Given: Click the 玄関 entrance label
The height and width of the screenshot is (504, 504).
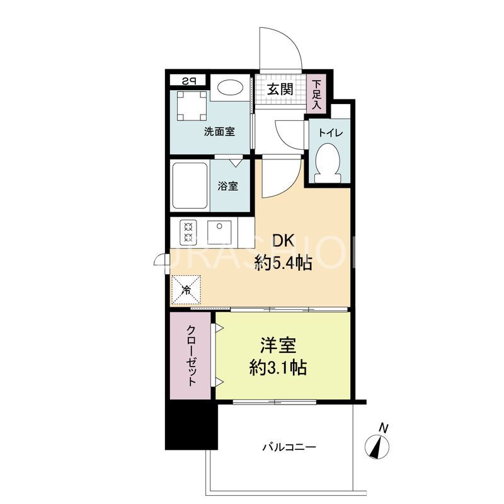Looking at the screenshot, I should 278,89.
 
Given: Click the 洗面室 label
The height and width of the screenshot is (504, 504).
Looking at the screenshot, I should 219,132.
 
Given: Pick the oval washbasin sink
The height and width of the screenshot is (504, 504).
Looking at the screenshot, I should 230,88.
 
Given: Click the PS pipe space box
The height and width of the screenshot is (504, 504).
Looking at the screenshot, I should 188,81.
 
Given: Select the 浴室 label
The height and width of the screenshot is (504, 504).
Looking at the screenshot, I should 228,186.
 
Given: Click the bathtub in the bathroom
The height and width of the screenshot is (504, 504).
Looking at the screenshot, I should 190,186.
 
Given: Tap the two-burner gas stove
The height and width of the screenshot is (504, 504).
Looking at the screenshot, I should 188,232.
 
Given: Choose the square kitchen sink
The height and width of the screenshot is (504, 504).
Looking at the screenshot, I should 220,232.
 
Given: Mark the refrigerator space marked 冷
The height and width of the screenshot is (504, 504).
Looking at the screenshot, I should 187,290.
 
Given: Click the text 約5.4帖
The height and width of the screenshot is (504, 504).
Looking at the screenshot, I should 283,263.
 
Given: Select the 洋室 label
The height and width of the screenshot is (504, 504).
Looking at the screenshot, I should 278,346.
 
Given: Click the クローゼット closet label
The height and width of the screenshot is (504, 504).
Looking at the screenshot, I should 192,355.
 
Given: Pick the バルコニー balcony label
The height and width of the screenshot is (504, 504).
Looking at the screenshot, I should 289,447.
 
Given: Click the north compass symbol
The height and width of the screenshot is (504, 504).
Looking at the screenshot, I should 379,446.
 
